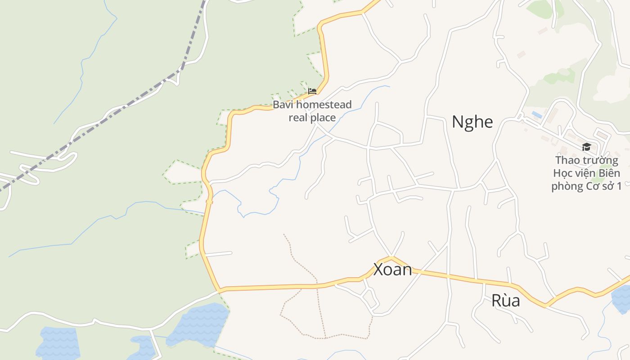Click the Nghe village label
click(472, 122)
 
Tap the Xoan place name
click(392, 270)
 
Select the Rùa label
click(505, 301)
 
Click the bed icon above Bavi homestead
click(312, 91)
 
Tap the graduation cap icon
click(586, 147)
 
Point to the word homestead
click(324, 105)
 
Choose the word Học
click(562, 173)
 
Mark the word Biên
click(610, 173)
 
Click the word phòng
click(567, 186)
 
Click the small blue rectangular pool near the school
click(536, 115)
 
